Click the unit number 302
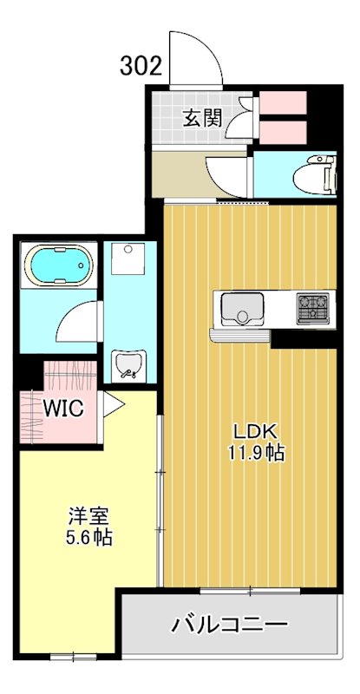[x=141, y=66]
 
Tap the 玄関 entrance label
[x=201, y=118]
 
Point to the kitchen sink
[x=244, y=306]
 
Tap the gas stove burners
[x=311, y=305]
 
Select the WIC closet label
[x=62, y=408]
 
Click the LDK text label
[x=252, y=431]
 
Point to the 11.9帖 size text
[x=253, y=452]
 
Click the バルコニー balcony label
[x=229, y=624]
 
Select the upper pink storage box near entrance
[x=284, y=102]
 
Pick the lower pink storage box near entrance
[x=284, y=131]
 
